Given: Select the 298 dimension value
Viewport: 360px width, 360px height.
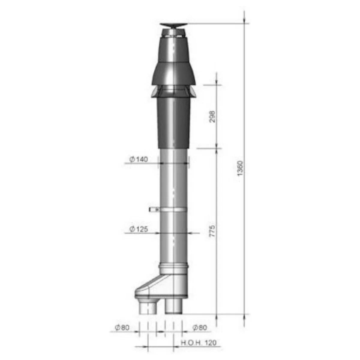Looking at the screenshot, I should pyautogui.click(x=212, y=116).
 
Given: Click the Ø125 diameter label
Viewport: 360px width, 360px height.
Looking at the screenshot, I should pyautogui.click(x=139, y=229).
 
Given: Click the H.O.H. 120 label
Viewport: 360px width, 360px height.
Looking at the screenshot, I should pyautogui.click(x=198, y=342).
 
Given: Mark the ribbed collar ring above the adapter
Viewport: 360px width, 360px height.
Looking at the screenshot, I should pyautogui.click(x=174, y=266).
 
